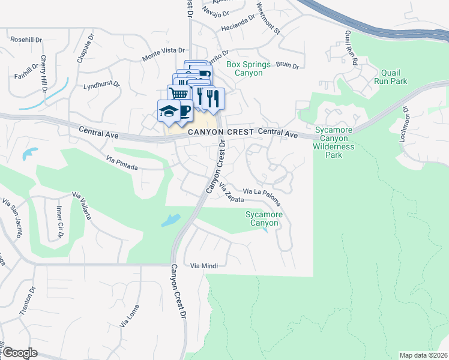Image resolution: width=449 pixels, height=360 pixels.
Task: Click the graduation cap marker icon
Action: [x=167, y=110]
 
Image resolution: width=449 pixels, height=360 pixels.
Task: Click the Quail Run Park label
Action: [x=390, y=77]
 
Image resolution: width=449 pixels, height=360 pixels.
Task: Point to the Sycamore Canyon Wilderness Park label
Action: [x=335, y=142]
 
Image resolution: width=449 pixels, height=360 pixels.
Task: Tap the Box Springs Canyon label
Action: [x=244, y=68]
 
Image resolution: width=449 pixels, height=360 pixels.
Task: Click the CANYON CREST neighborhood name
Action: [x=220, y=132]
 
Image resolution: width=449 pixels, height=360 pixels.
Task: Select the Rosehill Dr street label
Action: [x=26, y=40]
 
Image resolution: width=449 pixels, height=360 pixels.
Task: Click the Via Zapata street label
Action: [x=231, y=193]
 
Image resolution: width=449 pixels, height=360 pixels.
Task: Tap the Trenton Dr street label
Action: [x=25, y=304]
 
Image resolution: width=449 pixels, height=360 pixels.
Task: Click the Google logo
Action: [x=20, y=353]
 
